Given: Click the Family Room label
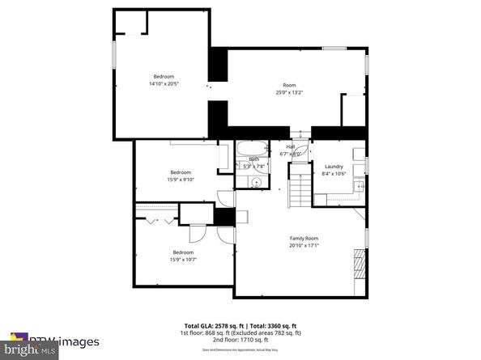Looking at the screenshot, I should click(x=304, y=238).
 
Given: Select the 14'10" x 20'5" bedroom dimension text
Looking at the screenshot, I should click(x=163, y=83).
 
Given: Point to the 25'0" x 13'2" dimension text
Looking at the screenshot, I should click(x=287, y=92).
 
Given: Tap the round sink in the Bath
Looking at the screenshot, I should click(x=256, y=182).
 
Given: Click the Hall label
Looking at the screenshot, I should click(x=290, y=146).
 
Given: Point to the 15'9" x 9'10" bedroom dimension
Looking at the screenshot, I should click(x=180, y=179).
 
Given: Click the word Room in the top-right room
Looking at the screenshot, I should click(x=288, y=85).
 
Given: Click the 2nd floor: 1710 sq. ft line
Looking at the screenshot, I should click(x=240, y=339).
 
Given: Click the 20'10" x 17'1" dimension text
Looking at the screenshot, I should click(x=304, y=245).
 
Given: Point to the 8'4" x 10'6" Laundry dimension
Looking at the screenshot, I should click(x=334, y=173).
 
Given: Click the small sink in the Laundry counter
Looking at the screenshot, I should click(x=355, y=185).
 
